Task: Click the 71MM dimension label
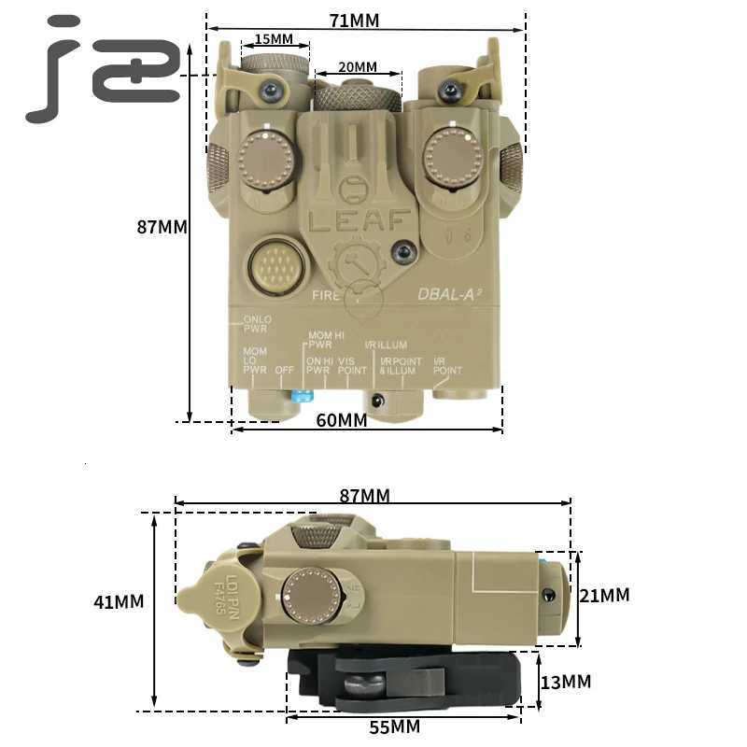(354, 21)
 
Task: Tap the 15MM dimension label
(274, 39)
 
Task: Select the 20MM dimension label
(358, 67)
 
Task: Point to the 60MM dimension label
(341, 420)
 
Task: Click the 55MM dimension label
(393, 726)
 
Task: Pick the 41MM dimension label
(119, 602)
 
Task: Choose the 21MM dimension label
(604, 595)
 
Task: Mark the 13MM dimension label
(566, 682)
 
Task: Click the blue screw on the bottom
(301, 396)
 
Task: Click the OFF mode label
(284, 370)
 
